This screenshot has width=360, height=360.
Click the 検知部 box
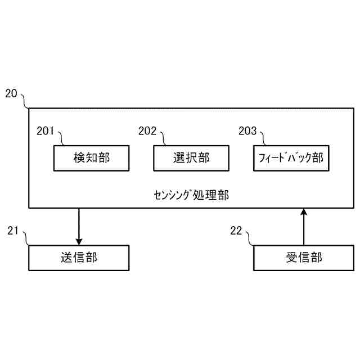click(91, 158)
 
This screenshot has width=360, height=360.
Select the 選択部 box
click(191, 158)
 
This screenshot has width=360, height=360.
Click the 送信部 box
click(78, 258)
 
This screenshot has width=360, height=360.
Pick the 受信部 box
click(304, 258)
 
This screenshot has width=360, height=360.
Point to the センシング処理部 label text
click(191, 195)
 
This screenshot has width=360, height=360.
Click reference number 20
click(11, 93)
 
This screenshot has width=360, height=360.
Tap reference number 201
click(45, 131)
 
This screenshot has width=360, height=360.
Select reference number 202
click(147, 131)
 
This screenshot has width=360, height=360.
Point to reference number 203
click(247, 131)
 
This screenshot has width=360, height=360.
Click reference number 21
click(13, 230)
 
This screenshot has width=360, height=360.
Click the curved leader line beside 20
click(25, 101)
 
